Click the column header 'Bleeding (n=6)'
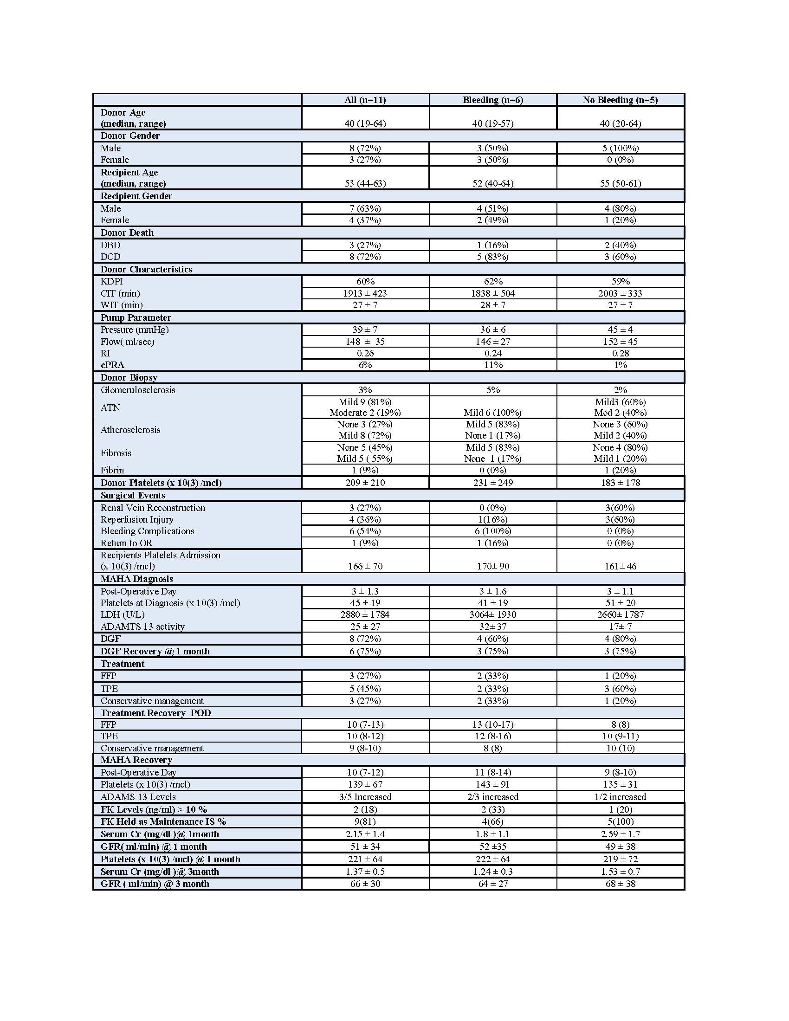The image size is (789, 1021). click(492, 100)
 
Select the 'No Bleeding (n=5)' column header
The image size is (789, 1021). click(620, 100)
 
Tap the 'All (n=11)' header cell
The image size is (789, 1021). click(365, 100)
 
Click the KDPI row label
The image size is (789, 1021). click(112, 281)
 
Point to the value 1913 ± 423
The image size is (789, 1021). click(365, 294)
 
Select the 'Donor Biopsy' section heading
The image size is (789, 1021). click(129, 377)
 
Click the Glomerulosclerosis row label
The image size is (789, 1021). click(138, 390)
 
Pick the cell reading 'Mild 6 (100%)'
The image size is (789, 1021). click(492, 413)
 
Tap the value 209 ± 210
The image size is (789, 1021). click(365, 483)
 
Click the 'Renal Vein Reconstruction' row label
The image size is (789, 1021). click(153, 508)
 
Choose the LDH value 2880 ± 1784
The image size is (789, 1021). click(365, 615)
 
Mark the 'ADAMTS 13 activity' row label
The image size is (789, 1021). click(142, 627)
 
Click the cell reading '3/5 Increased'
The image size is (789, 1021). click(365, 797)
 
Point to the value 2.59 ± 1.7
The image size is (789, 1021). click(620, 834)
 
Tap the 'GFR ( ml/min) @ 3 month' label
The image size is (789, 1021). click(155, 884)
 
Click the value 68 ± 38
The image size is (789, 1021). click(620, 884)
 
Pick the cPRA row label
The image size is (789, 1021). click(112, 365)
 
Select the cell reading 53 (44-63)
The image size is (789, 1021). click(365, 183)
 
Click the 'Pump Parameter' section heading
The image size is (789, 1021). click(136, 317)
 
